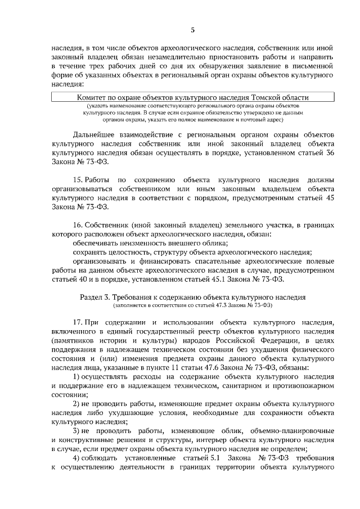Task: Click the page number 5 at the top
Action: (192, 29)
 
